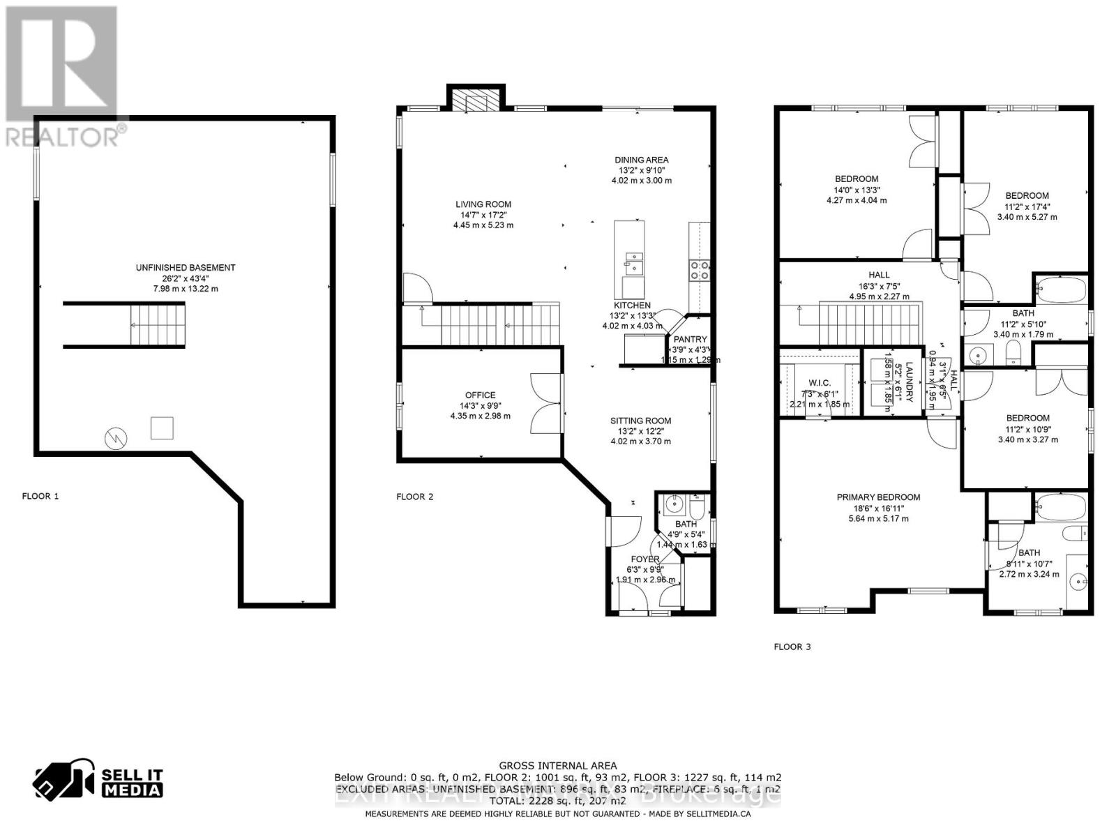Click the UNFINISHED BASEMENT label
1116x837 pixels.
pos(186,268)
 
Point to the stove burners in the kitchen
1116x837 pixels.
pos(699,270)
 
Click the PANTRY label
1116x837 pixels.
pos(690,340)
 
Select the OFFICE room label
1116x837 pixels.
pos(481,395)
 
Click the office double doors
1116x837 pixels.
pos(545,404)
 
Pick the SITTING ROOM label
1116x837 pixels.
pos(640,421)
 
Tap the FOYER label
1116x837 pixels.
pos(644,559)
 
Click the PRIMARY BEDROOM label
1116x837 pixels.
pos(878,497)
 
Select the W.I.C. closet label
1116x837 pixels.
pos(819,383)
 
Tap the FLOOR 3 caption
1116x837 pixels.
pos(792,647)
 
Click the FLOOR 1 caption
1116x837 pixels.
pos(40,496)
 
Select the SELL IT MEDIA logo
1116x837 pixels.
pos(99,782)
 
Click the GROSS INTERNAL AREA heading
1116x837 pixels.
pos(557,766)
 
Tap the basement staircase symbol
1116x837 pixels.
pos(158,325)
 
